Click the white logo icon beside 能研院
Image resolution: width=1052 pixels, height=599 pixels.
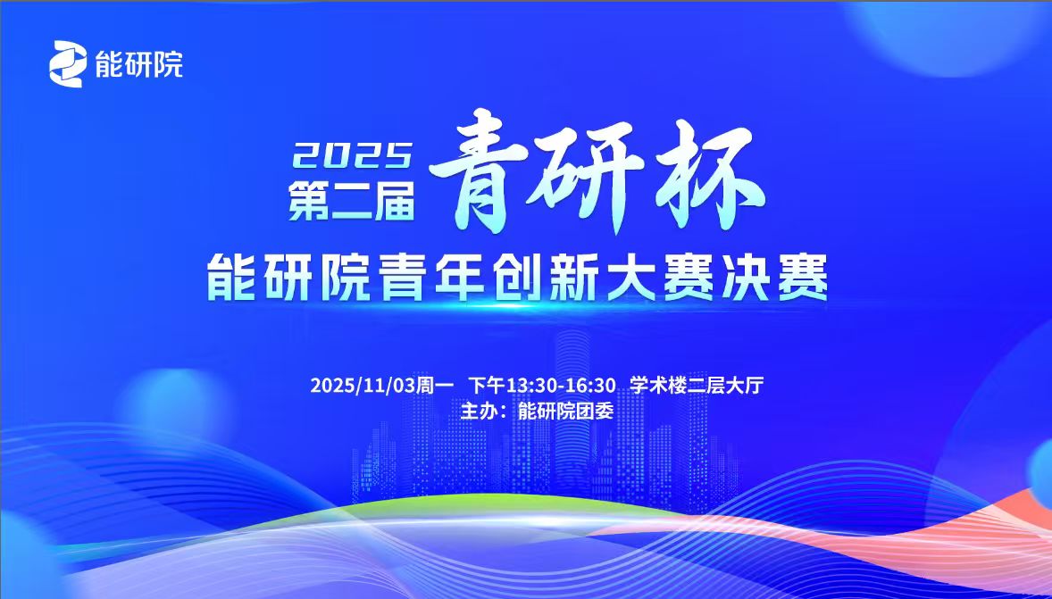coord(70,63)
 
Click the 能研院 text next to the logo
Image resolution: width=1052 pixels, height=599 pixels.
coord(138,64)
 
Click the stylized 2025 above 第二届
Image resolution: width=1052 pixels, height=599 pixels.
coord(353,158)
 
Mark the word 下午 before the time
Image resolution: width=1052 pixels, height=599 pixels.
coord(488,386)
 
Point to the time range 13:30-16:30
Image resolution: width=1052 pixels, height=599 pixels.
coord(561,386)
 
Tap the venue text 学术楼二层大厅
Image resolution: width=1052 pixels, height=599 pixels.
coord(696,386)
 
